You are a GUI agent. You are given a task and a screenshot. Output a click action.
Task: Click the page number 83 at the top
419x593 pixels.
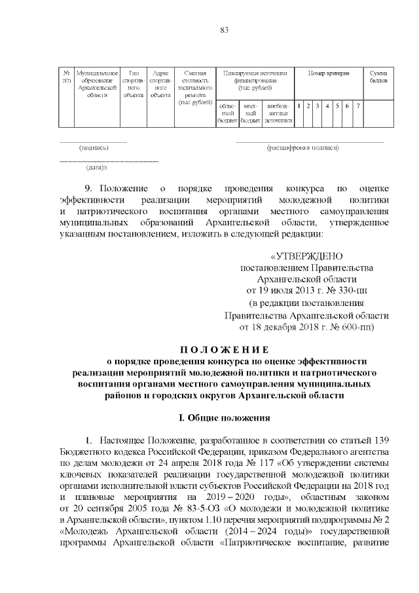pos(224,30)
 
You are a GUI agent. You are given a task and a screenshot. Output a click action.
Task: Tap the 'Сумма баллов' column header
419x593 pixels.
pos(378,77)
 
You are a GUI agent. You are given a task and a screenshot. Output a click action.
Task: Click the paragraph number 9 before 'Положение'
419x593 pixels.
pos(88,188)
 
